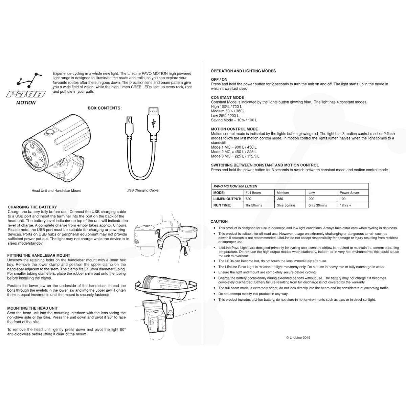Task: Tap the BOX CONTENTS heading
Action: click(x=105, y=108)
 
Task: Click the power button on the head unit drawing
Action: click(x=50, y=132)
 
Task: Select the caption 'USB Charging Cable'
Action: click(x=142, y=190)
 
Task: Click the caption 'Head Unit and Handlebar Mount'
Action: click(x=56, y=191)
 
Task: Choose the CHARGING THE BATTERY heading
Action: click(x=32, y=207)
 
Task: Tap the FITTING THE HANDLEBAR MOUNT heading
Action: click(x=39, y=255)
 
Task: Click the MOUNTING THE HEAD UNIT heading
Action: click(x=32, y=308)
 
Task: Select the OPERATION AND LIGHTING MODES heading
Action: click(x=243, y=71)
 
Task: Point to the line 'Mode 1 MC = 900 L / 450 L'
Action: click(x=234, y=147)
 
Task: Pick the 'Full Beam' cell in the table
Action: click(x=253, y=193)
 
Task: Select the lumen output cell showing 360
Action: click(x=280, y=199)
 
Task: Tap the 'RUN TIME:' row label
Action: click(x=222, y=205)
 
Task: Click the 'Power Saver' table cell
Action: click(x=349, y=193)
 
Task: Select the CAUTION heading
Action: click(x=219, y=222)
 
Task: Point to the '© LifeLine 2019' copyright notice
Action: click(x=298, y=337)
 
